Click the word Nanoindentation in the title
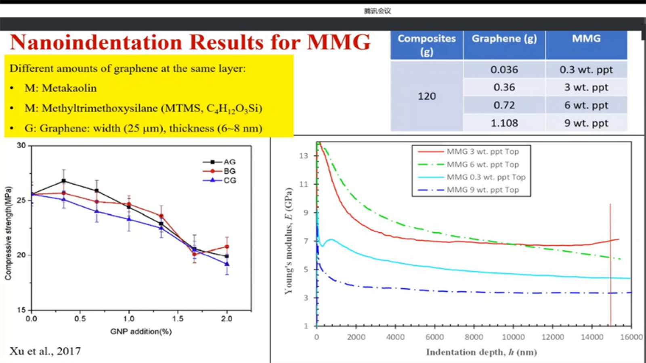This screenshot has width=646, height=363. (96, 42)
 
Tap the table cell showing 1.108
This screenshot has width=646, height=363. (504, 123)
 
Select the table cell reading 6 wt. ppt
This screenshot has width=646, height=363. (586, 105)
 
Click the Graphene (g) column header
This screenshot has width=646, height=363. (504, 39)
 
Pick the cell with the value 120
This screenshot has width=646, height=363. (426, 96)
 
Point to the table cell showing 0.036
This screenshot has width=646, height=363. (504, 70)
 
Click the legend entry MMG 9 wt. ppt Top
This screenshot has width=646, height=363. (482, 190)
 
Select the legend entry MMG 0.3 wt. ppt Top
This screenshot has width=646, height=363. (486, 177)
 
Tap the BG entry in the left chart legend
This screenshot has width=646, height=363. (229, 171)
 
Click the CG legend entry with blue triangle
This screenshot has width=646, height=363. (229, 180)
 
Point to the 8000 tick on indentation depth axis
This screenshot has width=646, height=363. (474, 337)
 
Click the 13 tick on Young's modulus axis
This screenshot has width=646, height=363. (304, 156)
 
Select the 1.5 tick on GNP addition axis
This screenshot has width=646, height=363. (178, 319)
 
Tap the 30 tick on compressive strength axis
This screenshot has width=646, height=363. (21, 145)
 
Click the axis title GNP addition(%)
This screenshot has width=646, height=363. (141, 332)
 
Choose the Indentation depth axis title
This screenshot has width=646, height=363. (481, 352)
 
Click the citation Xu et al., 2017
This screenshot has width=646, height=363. (45, 351)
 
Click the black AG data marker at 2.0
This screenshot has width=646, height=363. (227, 256)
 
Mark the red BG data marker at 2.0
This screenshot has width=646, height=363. (227, 246)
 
